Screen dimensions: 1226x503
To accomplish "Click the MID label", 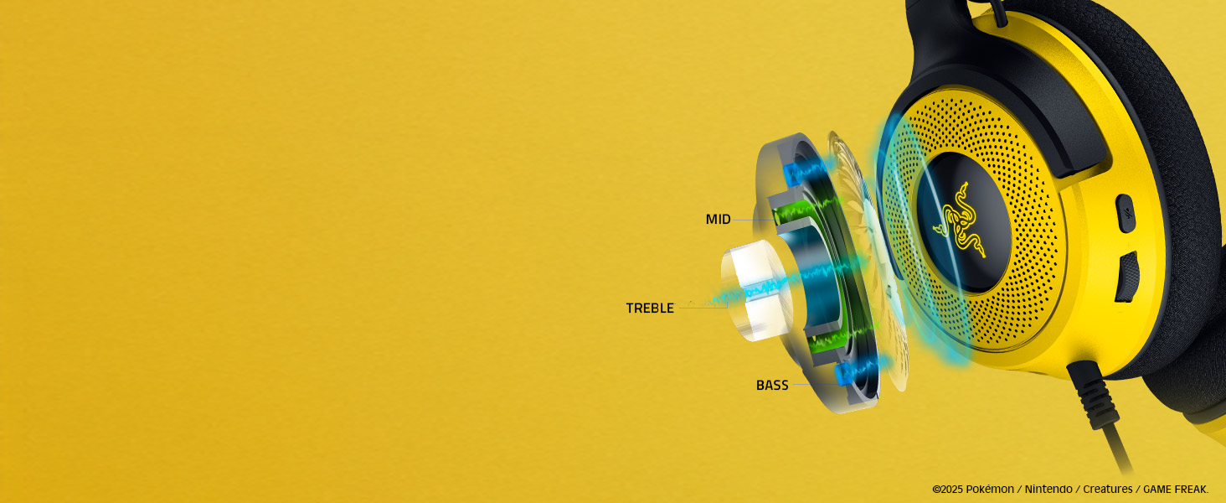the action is pos(718,219).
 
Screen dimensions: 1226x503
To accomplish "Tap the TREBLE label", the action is pos(650,308).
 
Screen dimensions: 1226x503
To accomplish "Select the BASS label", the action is pos(772,385).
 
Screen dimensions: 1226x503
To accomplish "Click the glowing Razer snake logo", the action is pos(959,222).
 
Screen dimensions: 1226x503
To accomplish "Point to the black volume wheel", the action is pos(1127,277).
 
